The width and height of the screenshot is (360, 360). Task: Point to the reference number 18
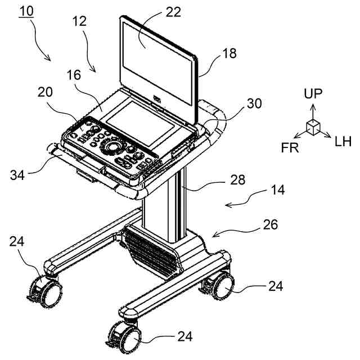tap(214, 53)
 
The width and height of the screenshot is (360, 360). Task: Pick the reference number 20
tap(46, 92)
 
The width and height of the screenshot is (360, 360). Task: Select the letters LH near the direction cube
tap(343, 141)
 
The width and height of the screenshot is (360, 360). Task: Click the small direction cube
tap(313, 127)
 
